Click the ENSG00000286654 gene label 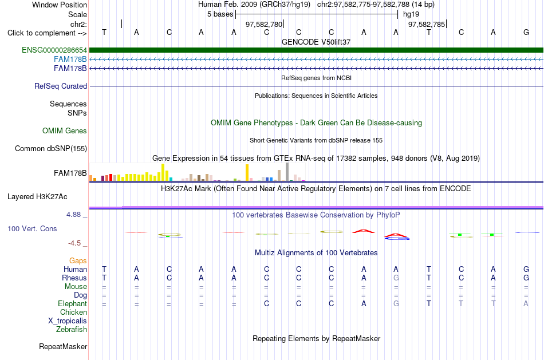coord(54,50)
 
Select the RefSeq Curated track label coord(61,86)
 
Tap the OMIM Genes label coord(65,130)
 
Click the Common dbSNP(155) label coord(51,148)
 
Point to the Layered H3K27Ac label coord(37,197)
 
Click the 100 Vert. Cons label coord(32,228)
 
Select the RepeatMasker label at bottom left coord(63,346)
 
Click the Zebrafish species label coord(72,329)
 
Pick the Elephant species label coord(72,303)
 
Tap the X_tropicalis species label coord(68,321)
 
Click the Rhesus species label coord(74,278)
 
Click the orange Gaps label coord(78,260)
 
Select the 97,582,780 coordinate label coord(264,24)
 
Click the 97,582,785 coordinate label coord(427,24)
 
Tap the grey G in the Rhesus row coord(396,278)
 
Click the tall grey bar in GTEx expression coord(287,172)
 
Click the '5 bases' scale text coord(220,14)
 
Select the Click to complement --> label coord(47,33)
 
